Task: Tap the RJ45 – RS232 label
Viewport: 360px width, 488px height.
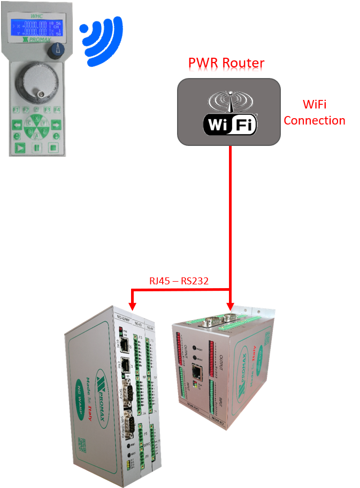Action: [x=179, y=281]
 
